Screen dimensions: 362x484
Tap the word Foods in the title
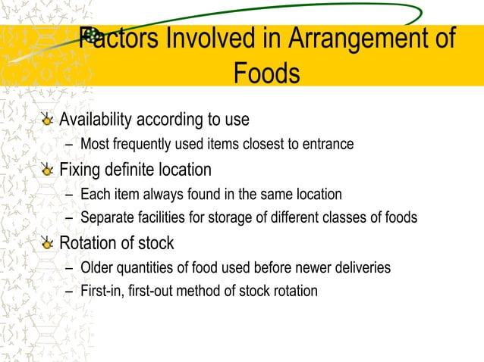point(266,74)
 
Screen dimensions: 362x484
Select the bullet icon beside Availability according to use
point(48,120)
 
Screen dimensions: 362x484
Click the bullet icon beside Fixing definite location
point(48,169)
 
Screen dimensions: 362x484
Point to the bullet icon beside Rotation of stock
point(48,243)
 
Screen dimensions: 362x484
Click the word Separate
point(107,218)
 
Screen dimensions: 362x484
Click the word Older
point(97,268)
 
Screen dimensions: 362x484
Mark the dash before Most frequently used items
point(70,144)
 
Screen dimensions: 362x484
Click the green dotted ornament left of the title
point(92,34)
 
